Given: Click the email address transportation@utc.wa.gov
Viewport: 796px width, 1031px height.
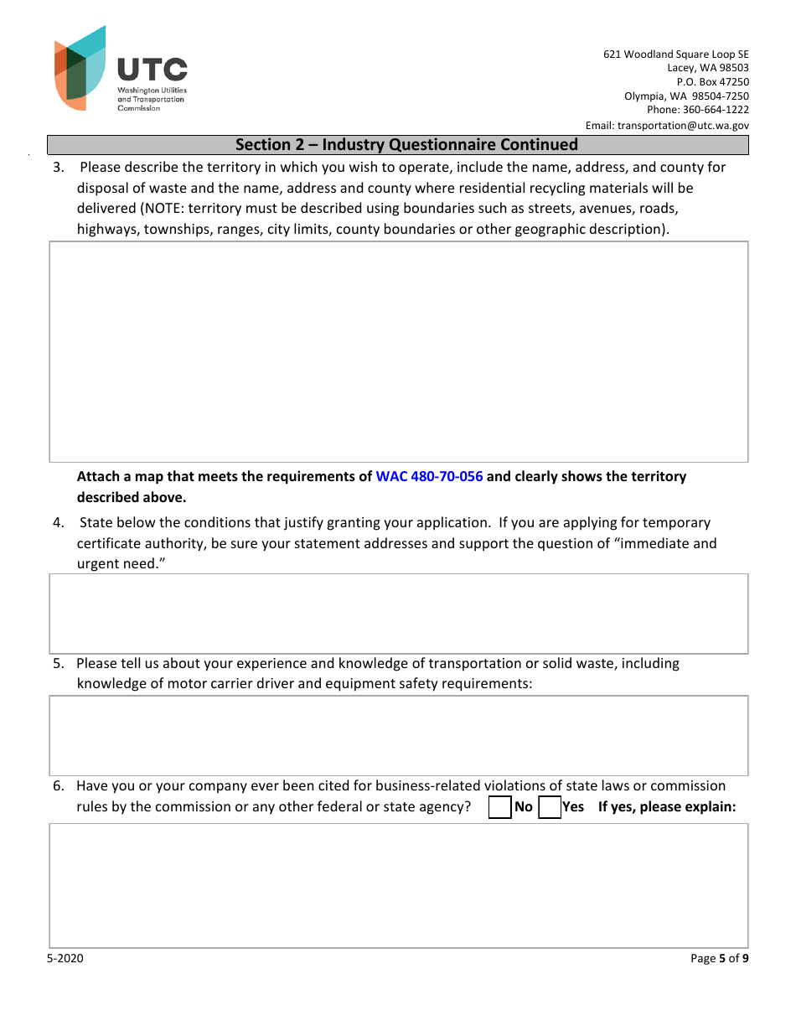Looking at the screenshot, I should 683,126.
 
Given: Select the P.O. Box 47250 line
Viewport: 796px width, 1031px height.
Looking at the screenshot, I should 712,82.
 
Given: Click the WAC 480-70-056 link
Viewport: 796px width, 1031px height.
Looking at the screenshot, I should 429,476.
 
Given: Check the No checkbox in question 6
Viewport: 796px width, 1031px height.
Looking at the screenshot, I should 500,807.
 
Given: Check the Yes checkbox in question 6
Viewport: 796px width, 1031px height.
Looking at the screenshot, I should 550,807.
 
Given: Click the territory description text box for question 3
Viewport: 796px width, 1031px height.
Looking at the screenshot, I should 398,352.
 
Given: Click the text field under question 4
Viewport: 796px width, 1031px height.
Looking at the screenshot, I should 398,614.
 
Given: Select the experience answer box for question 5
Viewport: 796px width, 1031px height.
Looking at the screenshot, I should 398,735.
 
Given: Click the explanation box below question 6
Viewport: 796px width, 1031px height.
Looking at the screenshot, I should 398,885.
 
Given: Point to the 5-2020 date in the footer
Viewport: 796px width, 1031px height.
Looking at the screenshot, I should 65,959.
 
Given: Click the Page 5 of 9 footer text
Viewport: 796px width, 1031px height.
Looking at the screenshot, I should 719,959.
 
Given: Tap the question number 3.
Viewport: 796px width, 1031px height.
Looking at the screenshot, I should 58,168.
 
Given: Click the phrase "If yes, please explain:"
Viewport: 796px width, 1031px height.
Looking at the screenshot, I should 667,807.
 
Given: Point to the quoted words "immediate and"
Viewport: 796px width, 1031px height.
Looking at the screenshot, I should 665,543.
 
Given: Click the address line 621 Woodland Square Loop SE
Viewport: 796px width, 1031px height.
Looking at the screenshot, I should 676,54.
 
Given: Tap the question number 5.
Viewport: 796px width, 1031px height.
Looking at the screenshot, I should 58,664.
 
